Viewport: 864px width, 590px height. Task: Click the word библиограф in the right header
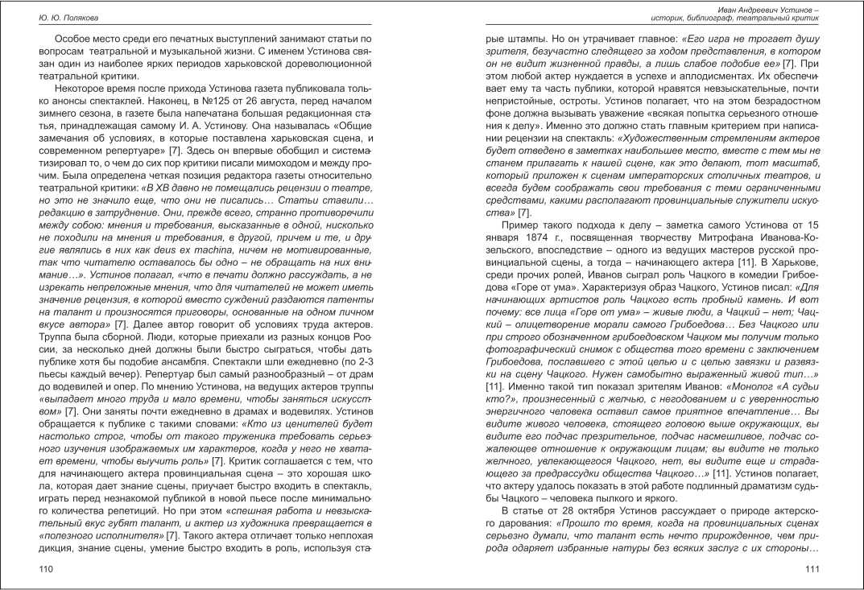click(724, 17)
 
